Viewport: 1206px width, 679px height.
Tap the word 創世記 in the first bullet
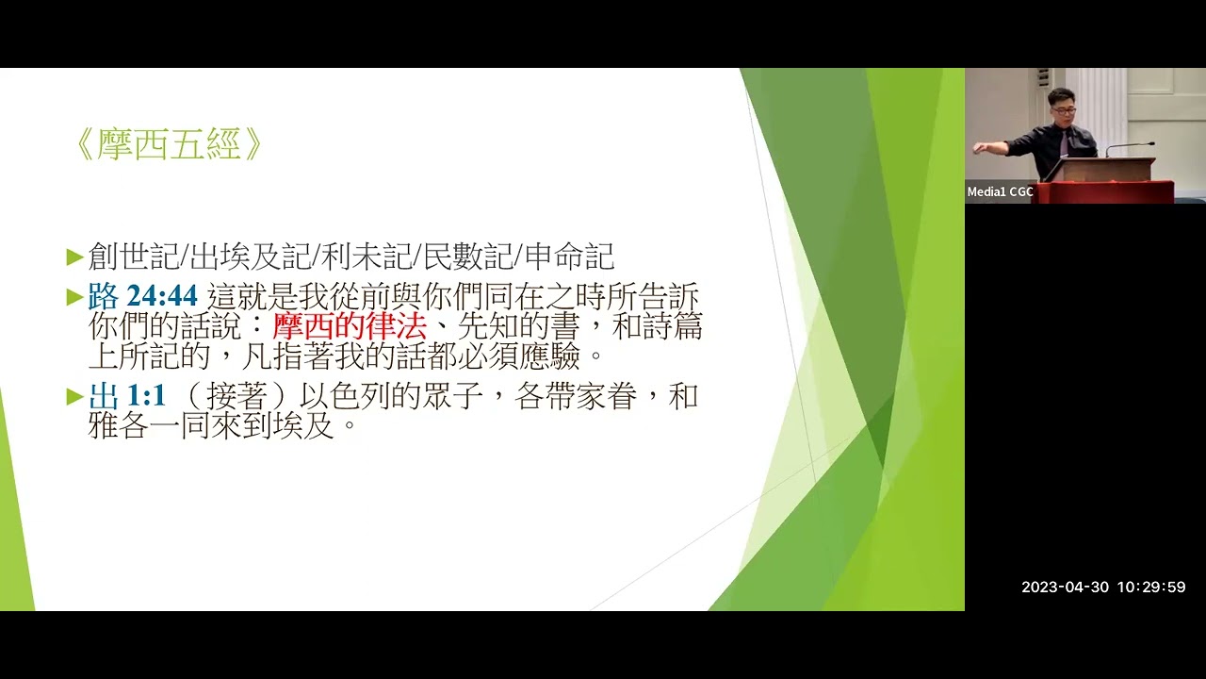pos(132,256)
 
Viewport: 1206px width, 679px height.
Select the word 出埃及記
pos(249,256)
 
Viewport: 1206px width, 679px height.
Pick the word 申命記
pos(570,256)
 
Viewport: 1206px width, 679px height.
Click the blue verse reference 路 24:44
pos(143,297)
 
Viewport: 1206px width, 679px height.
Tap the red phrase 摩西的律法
pos(350,326)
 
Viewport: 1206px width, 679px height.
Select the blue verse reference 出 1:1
pos(128,396)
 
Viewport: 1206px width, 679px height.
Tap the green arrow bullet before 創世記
pos(75,257)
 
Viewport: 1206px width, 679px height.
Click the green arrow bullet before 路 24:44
pos(75,298)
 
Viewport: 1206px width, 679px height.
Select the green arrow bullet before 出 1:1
pos(75,397)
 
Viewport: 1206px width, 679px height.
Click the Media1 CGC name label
pos(1000,191)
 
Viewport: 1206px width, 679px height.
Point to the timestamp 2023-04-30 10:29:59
pos(1103,587)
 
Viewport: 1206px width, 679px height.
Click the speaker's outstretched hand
pos(978,148)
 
